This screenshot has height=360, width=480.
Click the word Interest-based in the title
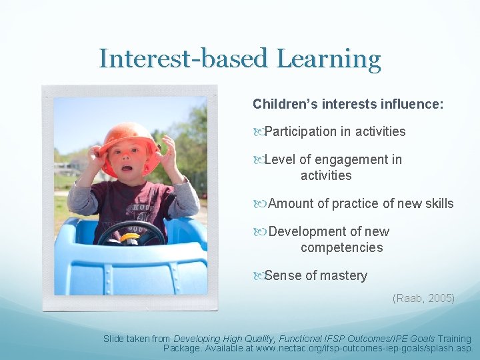coord(184,59)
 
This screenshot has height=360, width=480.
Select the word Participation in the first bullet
coord(301,131)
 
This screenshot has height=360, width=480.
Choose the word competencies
coord(341,247)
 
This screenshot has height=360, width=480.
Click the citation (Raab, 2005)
coord(423,298)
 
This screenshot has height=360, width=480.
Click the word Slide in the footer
coord(115,339)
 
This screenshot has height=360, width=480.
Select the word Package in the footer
coord(182,348)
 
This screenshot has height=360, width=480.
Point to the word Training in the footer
coord(452,339)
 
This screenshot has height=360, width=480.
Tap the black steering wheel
coord(131,233)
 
